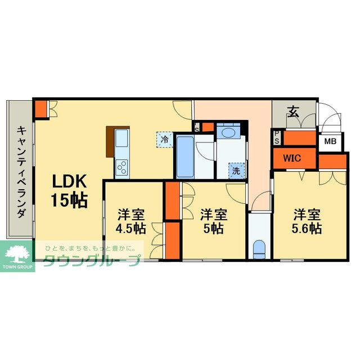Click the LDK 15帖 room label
pyautogui.click(x=69, y=190)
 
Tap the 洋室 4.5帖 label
pyautogui.click(x=131, y=221)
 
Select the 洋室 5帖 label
pyautogui.click(x=213, y=221)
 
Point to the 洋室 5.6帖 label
pyautogui.click(x=307, y=221)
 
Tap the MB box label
pyautogui.click(x=331, y=142)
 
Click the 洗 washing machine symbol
pyautogui.click(x=236, y=169)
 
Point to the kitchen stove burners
pyautogui.click(x=122, y=166)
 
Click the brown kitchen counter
pyautogui.click(x=110, y=140)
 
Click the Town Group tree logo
pyautogui.click(x=17, y=252)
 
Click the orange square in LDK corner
pyautogui.click(x=40, y=109)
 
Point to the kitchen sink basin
pyautogui.click(x=122, y=139)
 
